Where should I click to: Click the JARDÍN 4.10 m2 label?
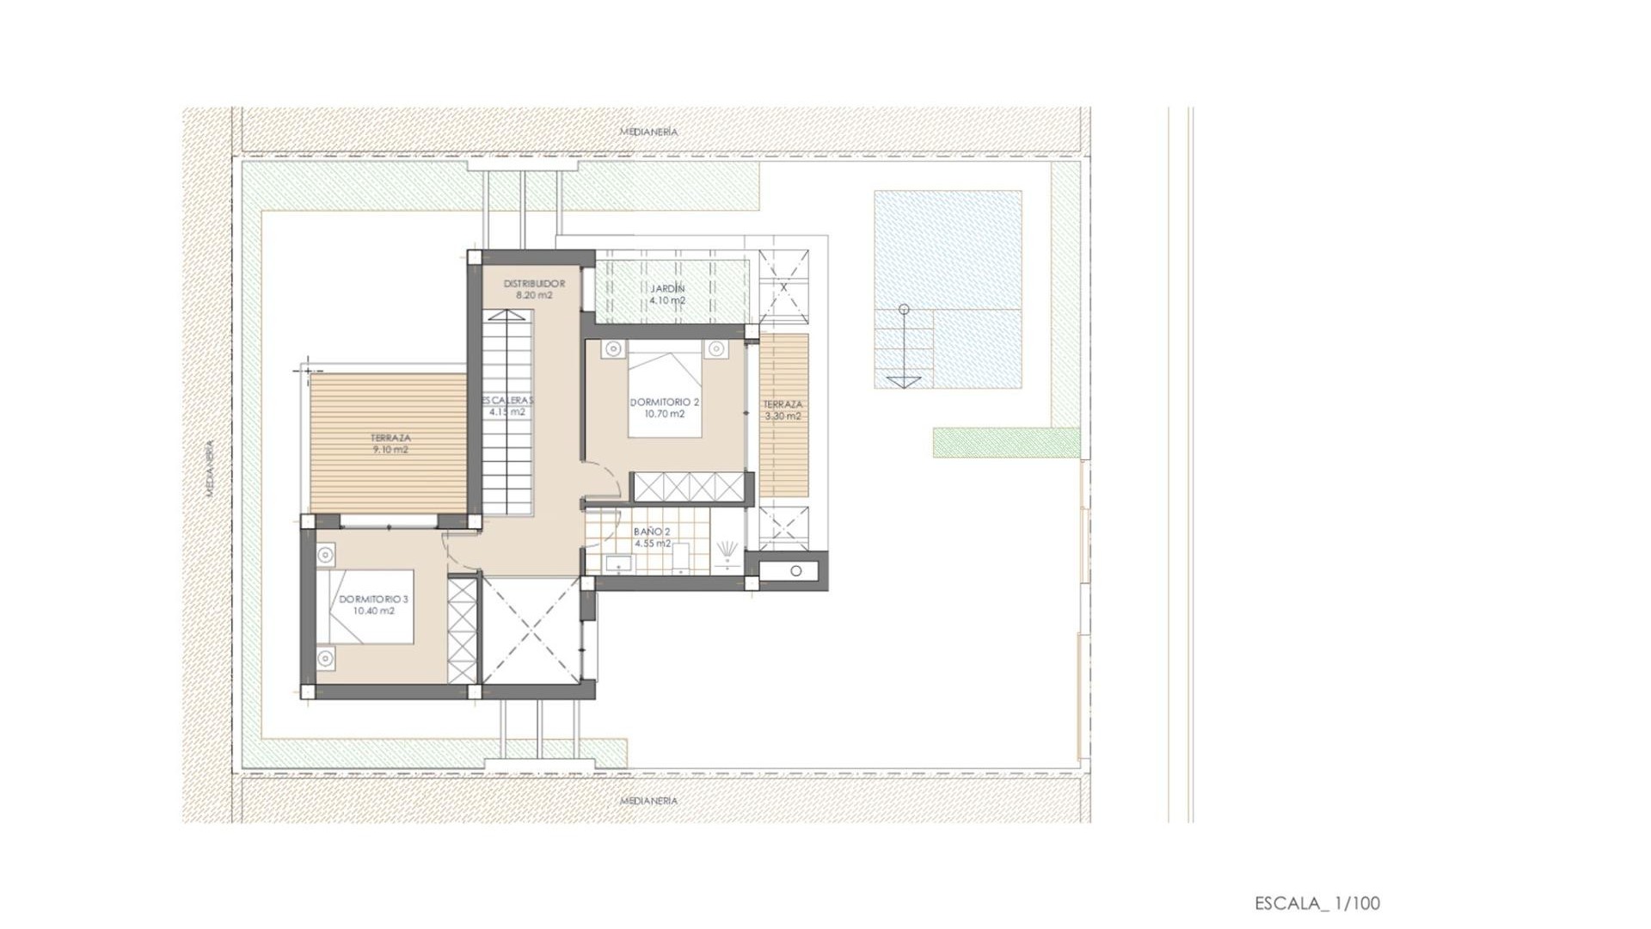(667, 295)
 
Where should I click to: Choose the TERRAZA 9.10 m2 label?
(390, 443)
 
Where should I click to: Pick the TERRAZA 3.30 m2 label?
(783, 409)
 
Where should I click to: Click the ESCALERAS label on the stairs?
(507, 406)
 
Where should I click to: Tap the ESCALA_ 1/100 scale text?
(1317, 903)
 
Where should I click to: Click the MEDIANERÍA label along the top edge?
(648, 132)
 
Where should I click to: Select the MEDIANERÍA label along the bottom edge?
(648, 801)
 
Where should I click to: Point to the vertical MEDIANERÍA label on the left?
(210, 469)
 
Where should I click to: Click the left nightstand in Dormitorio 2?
(612, 349)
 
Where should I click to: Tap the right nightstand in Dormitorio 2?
(715, 349)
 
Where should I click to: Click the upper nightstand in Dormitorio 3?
(325, 555)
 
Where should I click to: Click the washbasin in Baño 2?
(617, 564)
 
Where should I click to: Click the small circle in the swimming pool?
(903, 309)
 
